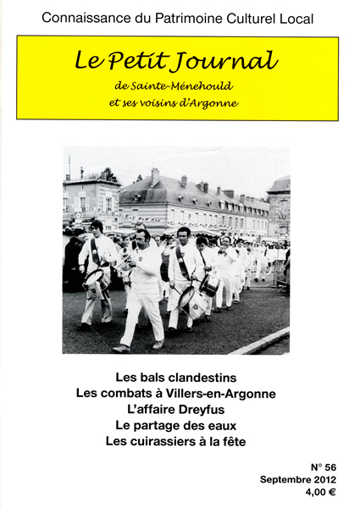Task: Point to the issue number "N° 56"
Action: (324, 467)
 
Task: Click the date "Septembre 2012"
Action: (298, 480)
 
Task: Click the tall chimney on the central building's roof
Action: (155, 176)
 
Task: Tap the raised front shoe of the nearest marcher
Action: (122, 347)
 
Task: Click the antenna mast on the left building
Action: (69, 166)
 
